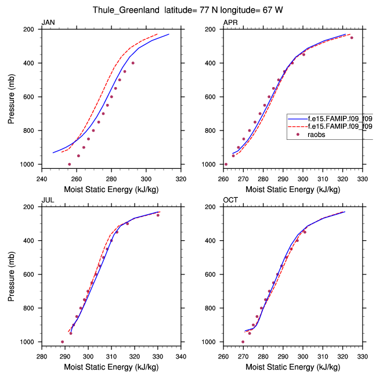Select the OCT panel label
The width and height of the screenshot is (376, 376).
point(230,200)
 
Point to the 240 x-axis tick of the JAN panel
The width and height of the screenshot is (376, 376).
point(42,172)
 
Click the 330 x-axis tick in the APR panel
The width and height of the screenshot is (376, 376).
point(363,172)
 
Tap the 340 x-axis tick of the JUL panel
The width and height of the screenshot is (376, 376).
point(180,350)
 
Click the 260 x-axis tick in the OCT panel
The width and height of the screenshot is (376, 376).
point(223,350)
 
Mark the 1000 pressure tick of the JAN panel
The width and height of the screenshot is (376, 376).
point(30,165)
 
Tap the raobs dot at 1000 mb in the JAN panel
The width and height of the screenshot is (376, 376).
point(70,164)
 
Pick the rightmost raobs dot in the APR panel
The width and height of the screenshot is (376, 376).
point(352,38)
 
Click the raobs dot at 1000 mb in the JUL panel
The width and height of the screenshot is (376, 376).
point(63,342)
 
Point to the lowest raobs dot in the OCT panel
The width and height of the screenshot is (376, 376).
point(243,342)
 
